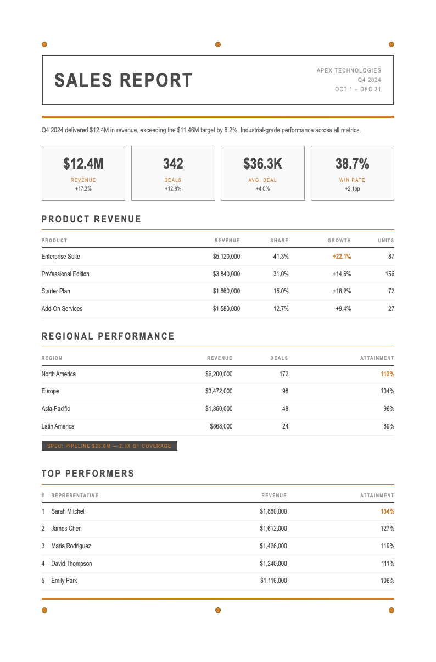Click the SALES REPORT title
tap(124, 80)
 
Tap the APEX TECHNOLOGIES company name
tap(349, 70)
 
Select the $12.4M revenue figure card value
tap(83, 164)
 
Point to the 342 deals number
tap(173, 164)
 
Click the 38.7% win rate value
tap(352, 164)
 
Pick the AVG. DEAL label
tap(262, 180)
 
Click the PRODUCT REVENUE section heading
tap(92, 219)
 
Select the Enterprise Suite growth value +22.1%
tap(342, 257)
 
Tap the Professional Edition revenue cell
tap(226, 274)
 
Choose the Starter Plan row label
tap(56, 291)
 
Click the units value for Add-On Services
tap(391, 309)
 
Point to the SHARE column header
tap(279, 241)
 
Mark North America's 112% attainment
tap(387, 374)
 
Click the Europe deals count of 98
tap(285, 391)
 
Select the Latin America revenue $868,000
tap(221, 426)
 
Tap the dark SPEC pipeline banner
tap(109, 446)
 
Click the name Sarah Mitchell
tap(68, 511)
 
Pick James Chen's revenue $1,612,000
tap(273, 529)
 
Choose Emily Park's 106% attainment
tap(387, 581)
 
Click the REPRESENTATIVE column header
tap(75, 496)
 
